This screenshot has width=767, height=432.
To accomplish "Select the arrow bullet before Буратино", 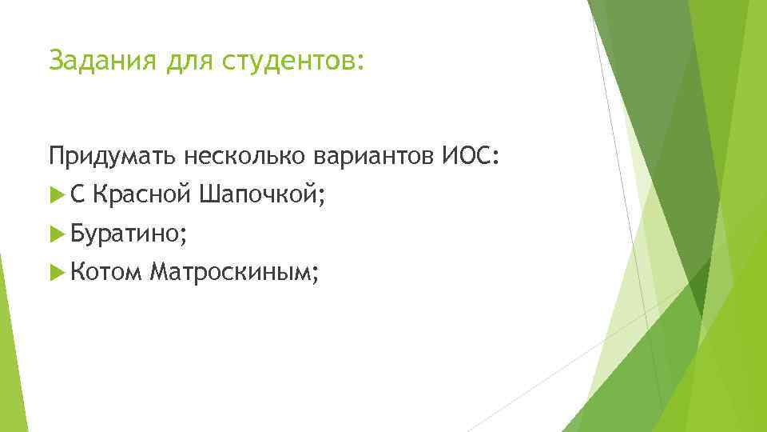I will [x=55, y=234].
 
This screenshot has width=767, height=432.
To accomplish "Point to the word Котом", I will [x=105, y=274].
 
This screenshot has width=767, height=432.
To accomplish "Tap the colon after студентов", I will [x=360, y=63].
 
